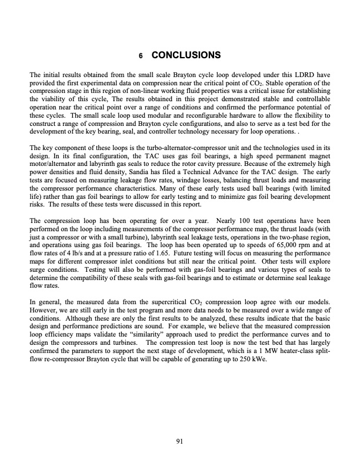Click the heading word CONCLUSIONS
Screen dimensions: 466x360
186,56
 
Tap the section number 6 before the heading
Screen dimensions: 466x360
141,56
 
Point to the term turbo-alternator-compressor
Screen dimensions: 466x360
168,141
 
